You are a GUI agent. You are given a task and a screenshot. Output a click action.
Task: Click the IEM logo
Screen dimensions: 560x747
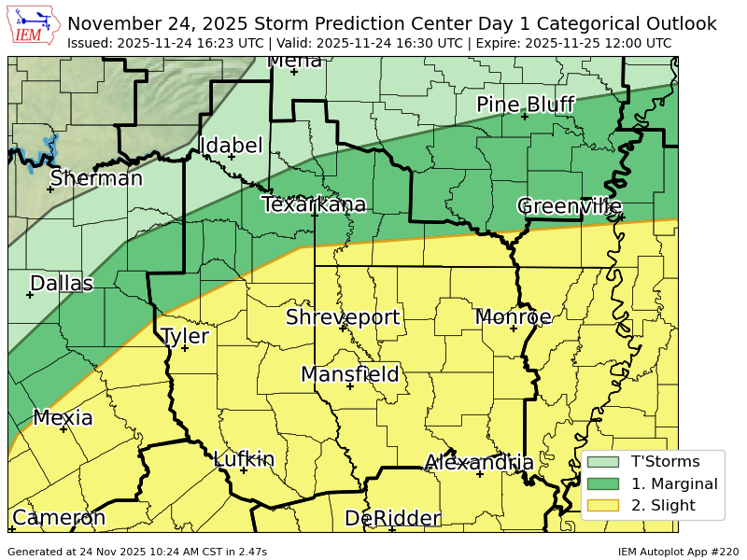(x=34, y=26)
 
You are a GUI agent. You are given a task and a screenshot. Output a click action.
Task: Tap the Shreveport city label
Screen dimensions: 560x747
(x=343, y=317)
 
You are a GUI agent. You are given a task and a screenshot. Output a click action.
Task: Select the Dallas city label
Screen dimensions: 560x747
(x=62, y=283)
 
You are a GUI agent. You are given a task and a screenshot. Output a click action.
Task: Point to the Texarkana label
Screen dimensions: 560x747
(x=314, y=204)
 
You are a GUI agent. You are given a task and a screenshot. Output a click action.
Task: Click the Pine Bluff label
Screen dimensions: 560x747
(x=525, y=105)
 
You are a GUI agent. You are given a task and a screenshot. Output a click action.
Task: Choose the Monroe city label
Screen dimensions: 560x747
(x=514, y=317)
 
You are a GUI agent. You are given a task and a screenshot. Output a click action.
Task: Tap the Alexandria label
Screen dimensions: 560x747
(x=479, y=463)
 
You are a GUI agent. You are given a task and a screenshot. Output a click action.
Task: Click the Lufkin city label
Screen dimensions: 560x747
(x=244, y=459)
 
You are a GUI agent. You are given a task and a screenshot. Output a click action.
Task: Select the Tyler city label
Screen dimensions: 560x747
(x=185, y=336)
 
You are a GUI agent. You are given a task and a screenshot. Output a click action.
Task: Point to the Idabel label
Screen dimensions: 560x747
(x=232, y=146)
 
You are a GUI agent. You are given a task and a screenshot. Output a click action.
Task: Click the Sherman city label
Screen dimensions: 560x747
(x=96, y=178)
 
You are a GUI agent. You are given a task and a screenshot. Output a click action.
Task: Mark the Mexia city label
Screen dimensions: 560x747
(x=63, y=417)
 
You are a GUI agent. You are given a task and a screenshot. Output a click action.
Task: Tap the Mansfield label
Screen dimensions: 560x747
(x=349, y=374)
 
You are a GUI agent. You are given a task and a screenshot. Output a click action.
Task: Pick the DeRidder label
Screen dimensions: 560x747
(x=392, y=518)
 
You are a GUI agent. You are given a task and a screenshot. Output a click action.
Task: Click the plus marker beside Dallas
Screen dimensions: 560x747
(x=30, y=295)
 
